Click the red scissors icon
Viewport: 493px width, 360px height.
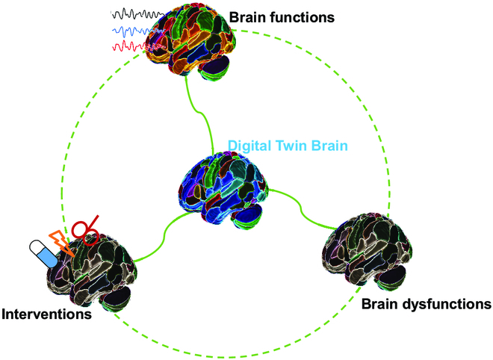pos(87,232)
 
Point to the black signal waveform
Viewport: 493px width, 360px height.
pos(134,14)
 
